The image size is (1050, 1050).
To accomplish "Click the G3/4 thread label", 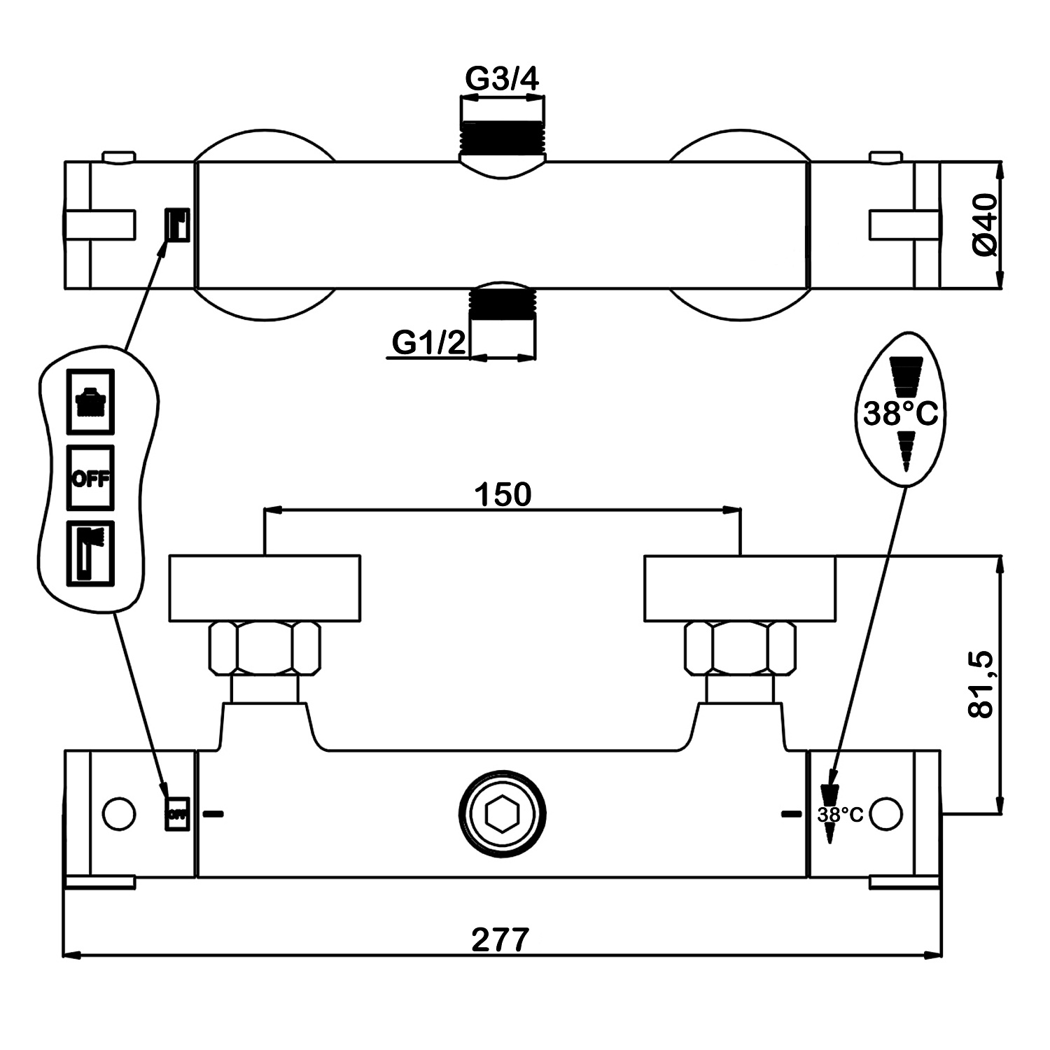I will tap(502, 80).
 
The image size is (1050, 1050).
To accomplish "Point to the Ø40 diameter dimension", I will tap(984, 225).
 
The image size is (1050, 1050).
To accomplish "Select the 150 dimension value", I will tap(503, 494).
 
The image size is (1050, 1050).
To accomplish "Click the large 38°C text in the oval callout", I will tap(900, 414).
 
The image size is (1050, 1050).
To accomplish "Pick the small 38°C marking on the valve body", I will tap(841, 814).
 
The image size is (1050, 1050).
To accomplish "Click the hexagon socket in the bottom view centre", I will tap(502, 814).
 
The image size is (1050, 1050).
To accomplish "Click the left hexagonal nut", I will tap(264, 648).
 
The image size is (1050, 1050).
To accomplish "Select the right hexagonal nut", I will tap(740, 648).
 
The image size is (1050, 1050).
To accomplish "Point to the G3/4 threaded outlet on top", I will tap(502, 136).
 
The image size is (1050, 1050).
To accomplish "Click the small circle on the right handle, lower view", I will tap(887, 813).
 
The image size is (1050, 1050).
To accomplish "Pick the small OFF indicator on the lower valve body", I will tap(176, 813).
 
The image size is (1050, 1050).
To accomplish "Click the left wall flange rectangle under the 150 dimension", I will tap(265, 588).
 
